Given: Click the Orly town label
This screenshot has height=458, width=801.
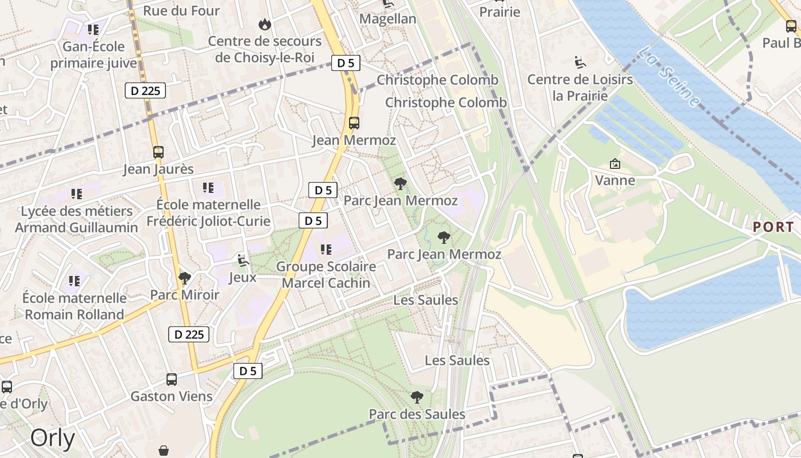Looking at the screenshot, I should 53,438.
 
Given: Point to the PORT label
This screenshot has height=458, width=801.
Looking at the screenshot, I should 774,227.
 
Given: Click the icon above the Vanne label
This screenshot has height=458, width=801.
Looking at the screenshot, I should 615,164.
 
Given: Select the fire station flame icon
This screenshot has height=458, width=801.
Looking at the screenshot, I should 264,24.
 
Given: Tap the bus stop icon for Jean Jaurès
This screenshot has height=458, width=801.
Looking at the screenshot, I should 158,152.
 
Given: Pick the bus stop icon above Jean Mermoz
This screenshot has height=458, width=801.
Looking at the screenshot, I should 354,123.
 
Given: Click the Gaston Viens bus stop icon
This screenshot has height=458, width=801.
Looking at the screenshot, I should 171,379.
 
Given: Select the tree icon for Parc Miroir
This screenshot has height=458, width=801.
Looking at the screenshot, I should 184,278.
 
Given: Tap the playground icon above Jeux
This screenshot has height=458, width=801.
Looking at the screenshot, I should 243,261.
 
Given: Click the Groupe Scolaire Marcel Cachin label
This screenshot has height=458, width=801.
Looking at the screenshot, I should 326,275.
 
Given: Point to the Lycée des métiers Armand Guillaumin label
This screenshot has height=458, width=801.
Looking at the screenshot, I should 77,219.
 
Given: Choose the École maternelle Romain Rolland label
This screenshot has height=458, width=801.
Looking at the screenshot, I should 74,306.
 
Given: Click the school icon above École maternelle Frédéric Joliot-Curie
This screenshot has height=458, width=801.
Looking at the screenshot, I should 208,188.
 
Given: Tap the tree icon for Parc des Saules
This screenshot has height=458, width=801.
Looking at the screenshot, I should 417,397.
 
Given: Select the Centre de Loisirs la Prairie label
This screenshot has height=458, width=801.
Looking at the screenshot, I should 580,87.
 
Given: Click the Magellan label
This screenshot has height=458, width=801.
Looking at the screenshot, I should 388,19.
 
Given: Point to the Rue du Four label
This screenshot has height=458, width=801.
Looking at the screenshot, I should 181,10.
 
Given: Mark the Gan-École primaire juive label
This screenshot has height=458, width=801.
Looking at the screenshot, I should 93,54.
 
